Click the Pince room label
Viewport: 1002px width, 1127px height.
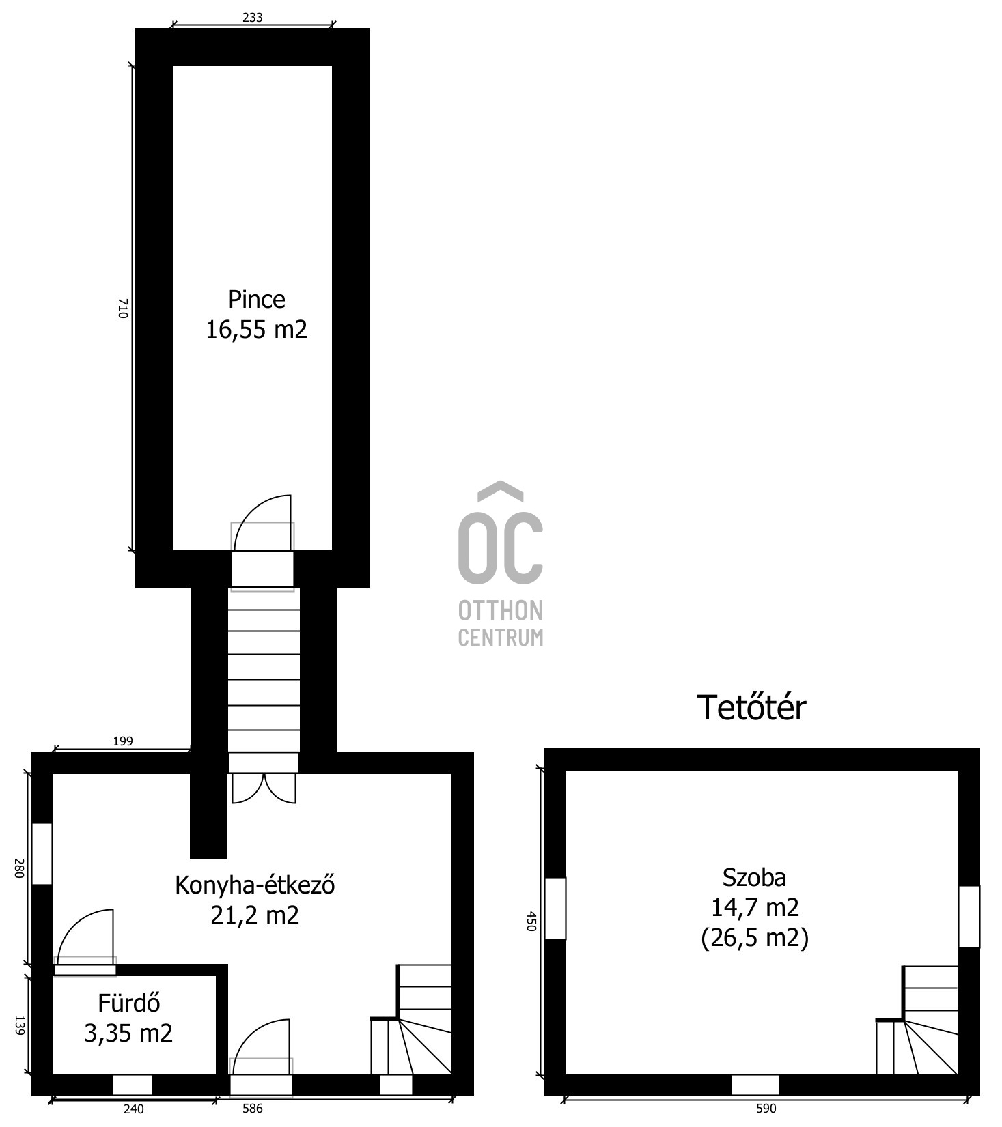[256, 300]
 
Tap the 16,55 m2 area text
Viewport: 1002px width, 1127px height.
[257, 330]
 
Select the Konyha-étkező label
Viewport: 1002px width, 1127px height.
[255, 885]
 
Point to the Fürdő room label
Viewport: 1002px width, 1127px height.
[129, 1003]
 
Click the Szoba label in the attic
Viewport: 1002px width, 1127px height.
[754, 877]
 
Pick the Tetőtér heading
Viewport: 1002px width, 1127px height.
[751, 707]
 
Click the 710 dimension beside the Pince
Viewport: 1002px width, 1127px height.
[123, 308]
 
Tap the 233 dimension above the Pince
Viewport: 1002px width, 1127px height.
[252, 18]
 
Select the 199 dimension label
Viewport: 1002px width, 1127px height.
[122, 741]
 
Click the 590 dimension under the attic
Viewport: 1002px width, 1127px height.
[766, 1109]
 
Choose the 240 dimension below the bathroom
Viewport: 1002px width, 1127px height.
[134, 1109]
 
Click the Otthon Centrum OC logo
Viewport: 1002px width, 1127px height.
[501, 563]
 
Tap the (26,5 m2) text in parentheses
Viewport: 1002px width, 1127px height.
[755, 938]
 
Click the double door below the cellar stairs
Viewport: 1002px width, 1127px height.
[264, 788]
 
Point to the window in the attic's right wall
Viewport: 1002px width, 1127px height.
[969, 916]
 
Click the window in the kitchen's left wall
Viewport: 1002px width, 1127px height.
[42, 854]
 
